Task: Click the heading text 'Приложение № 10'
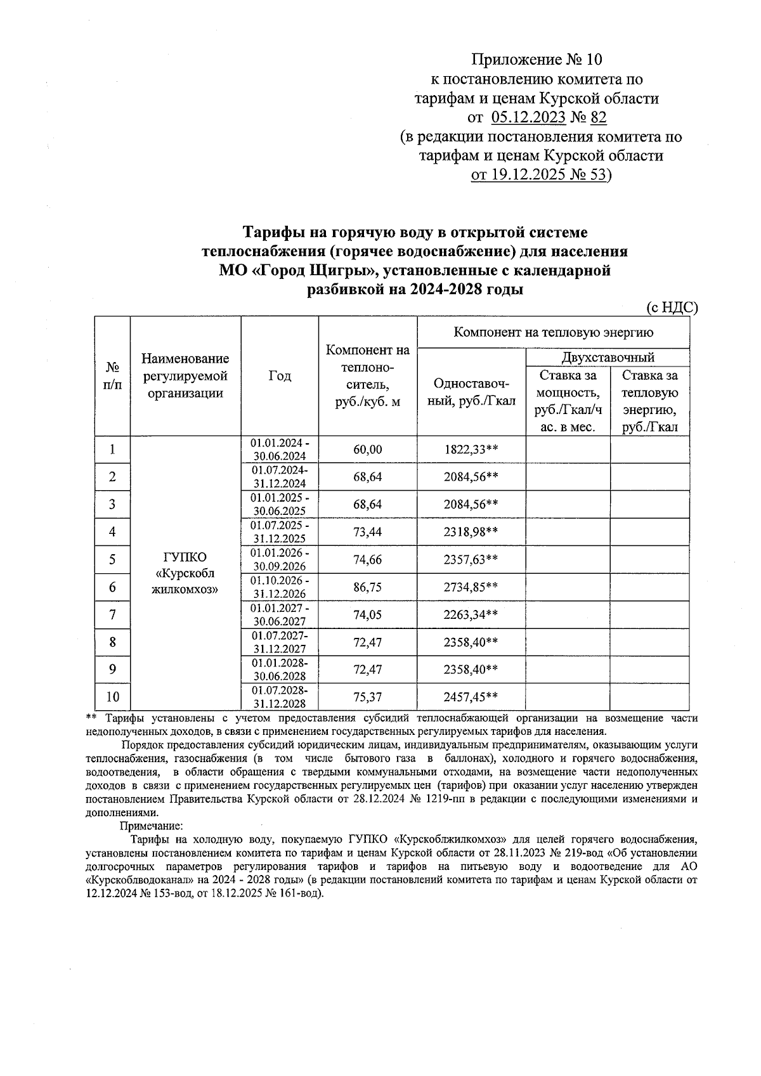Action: coord(536,60)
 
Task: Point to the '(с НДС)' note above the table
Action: coord(672,308)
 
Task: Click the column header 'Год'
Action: coord(280,375)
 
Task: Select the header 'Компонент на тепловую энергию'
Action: coord(553,332)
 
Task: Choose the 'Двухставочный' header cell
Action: coord(608,358)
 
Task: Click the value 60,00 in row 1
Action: coord(367,450)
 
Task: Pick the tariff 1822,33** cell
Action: coord(471,450)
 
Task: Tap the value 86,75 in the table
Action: coord(367,587)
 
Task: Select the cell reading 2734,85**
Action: coord(471,587)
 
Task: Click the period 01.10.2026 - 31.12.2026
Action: coord(280,587)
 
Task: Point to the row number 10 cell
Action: coord(112,697)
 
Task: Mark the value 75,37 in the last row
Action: coord(367,697)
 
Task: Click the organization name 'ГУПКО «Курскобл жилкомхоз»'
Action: coord(185,573)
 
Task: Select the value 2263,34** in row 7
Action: coord(471,614)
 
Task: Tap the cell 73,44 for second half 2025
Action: coord(367,532)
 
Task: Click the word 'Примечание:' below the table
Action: coord(151,826)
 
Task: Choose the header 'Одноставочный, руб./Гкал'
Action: coord(471,392)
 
